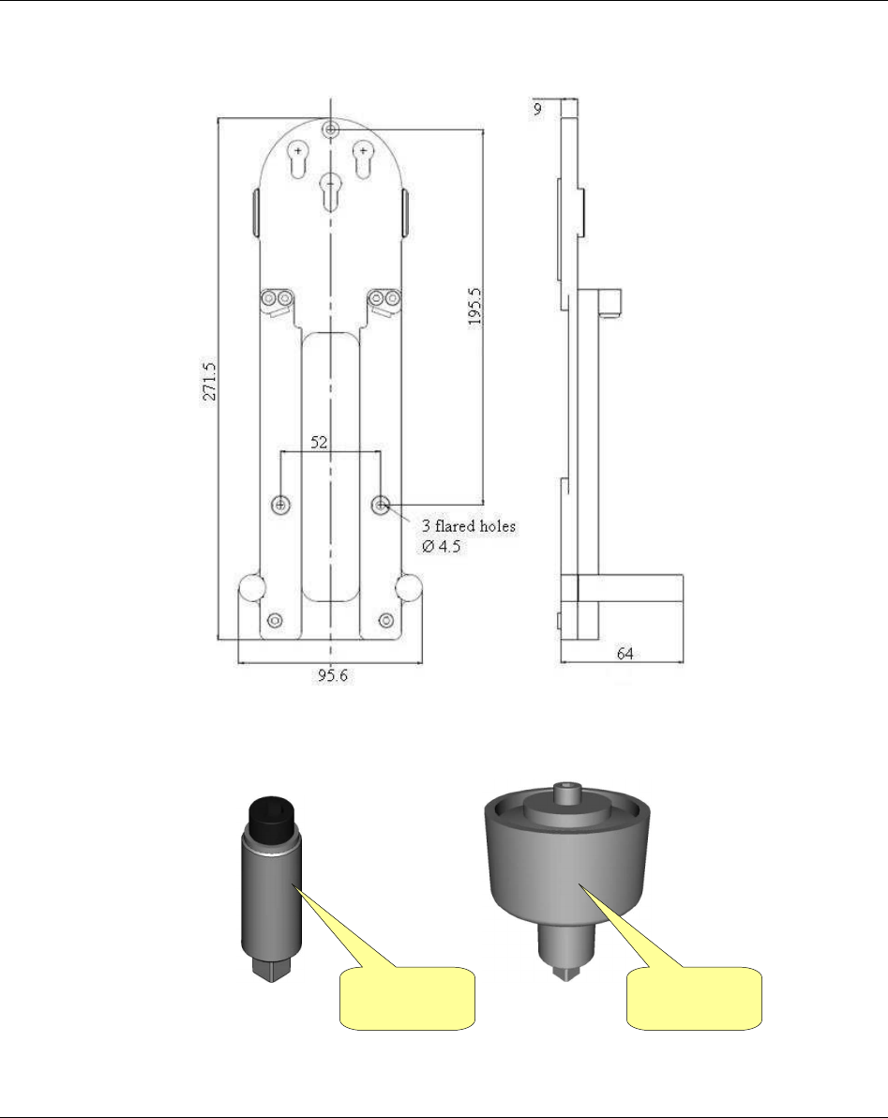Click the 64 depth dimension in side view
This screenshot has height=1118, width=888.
625,654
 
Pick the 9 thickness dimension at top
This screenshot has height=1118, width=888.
536,109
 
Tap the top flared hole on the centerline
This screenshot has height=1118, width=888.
330,128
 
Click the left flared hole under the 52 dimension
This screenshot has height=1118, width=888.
281,505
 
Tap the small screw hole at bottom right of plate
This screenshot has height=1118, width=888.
386,621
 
